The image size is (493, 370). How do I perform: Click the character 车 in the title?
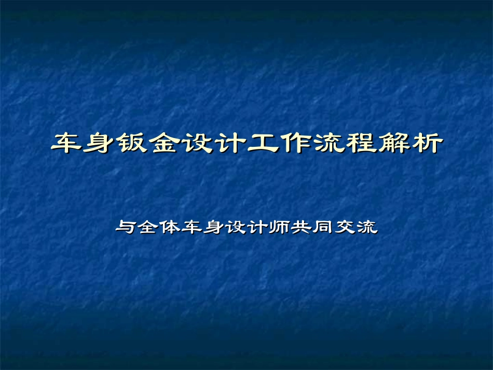point(67,144)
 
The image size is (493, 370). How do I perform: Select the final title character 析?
point(426,144)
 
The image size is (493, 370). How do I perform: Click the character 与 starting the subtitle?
point(125,227)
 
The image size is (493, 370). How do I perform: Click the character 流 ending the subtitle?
point(368,227)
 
